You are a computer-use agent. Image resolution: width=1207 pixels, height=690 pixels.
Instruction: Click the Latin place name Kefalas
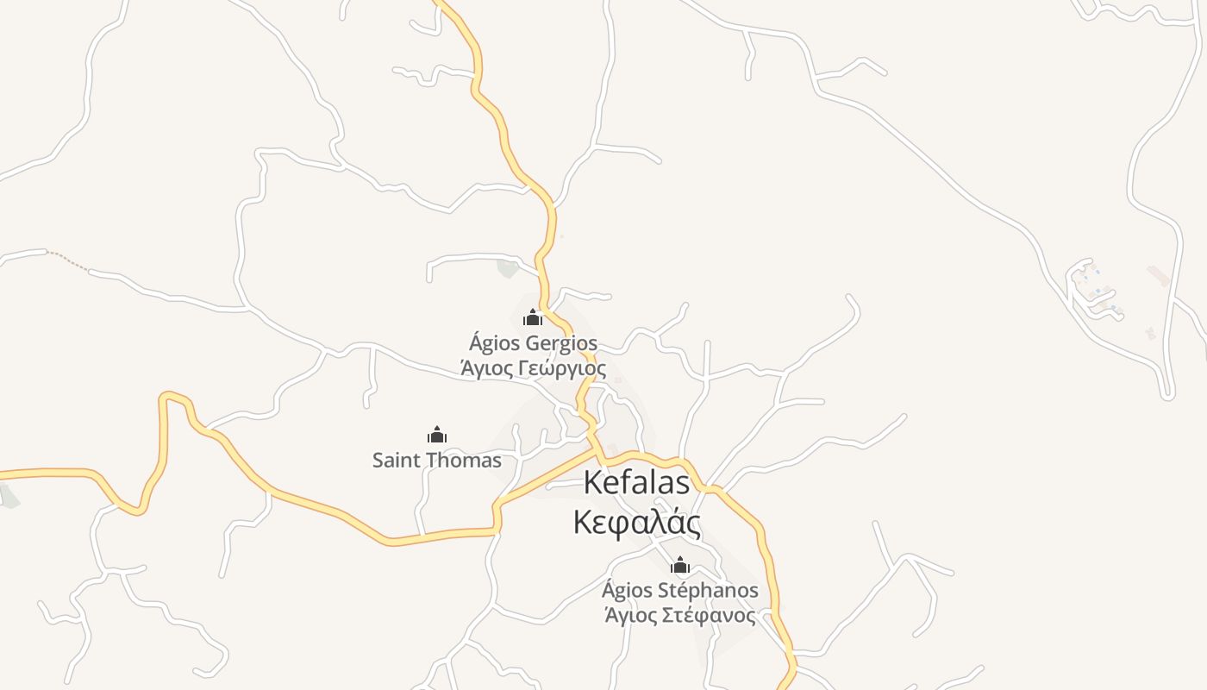coord(636,483)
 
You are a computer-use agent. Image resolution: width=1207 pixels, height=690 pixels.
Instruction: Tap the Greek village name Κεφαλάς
coord(636,523)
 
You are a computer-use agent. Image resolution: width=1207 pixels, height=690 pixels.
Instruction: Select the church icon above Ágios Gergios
coord(533,318)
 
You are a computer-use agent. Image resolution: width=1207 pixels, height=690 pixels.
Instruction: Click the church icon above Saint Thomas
coord(437,435)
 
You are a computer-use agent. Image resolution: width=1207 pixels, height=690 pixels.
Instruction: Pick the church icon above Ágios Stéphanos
coord(680,566)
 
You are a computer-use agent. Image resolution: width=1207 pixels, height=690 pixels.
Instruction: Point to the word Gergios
coord(561,344)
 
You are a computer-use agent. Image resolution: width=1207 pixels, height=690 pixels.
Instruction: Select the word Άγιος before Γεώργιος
coord(485,369)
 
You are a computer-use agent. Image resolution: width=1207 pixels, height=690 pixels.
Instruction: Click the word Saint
coord(397,461)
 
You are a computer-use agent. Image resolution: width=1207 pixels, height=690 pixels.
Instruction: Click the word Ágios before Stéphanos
coord(627,591)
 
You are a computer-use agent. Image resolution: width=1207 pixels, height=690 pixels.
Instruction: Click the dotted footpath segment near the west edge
coord(68,260)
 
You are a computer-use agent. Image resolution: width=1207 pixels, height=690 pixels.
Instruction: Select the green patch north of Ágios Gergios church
coord(508,268)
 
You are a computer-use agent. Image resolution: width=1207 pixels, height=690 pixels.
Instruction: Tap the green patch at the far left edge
coord(8,496)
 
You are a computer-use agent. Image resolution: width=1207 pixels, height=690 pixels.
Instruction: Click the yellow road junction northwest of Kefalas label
coord(597,450)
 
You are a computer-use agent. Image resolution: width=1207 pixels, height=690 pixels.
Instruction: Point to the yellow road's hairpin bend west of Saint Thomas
coord(172,398)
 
